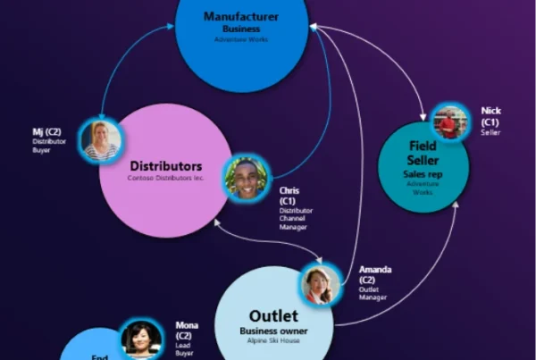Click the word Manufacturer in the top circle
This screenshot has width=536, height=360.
click(241, 16)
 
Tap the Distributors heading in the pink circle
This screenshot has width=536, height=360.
click(166, 166)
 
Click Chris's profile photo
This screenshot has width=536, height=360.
click(246, 178)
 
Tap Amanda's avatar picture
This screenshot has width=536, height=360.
click(320, 285)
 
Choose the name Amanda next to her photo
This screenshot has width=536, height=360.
click(374, 269)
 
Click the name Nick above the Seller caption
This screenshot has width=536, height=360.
click(490, 111)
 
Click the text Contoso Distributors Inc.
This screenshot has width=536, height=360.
click(165, 179)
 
